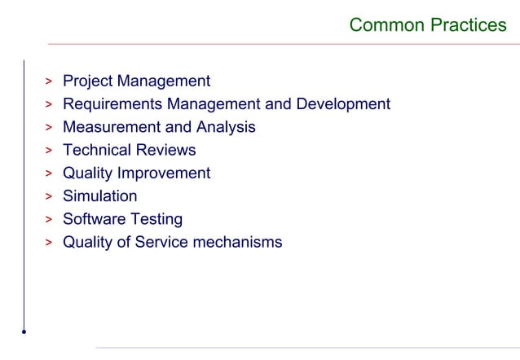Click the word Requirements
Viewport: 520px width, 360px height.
[x=112, y=104]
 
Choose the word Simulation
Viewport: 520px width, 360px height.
[x=100, y=196]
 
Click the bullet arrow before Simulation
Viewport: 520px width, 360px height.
[x=49, y=197]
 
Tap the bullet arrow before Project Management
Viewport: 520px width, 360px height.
[x=49, y=82]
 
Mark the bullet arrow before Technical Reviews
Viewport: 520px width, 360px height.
[x=49, y=151]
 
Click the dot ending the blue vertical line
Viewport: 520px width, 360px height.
[x=24, y=331]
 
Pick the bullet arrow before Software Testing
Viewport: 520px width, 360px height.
[x=49, y=220]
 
